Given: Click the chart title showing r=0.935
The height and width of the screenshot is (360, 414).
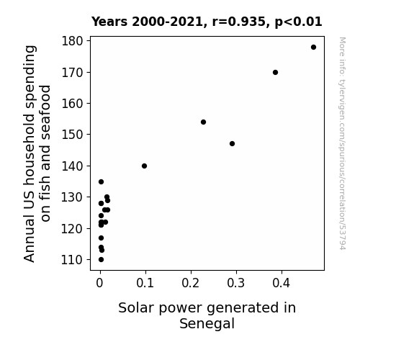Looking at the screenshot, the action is [207, 22].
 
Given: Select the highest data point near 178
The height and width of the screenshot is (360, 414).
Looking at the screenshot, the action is [313, 48].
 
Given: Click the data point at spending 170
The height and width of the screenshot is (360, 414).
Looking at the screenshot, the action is [275, 73].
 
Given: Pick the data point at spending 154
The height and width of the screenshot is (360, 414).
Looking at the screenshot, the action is [203, 122].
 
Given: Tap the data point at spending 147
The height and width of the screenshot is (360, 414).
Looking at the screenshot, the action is [232, 144].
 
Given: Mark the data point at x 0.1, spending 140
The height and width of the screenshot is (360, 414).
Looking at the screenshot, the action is [144, 166].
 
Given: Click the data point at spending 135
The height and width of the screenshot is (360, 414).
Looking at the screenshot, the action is [101, 181].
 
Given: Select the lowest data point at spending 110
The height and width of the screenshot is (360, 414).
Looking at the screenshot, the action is [101, 260].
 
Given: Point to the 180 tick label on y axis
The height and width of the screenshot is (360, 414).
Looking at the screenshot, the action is [72, 41].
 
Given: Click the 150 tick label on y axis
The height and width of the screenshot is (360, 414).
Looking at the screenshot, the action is [72, 135].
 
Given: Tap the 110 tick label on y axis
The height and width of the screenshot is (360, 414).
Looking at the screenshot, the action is [72, 260].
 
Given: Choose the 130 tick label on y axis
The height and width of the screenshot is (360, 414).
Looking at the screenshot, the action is [72, 197].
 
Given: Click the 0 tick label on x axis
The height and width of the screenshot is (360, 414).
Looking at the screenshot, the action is [99, 283].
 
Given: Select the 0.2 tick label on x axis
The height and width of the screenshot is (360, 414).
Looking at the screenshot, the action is [191, 283].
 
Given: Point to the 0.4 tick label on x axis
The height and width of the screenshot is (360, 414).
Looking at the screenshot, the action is [282, 283].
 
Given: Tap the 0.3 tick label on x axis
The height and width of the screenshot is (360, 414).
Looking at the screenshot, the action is [236, 283].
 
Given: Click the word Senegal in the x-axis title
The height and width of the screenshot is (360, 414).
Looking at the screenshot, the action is [207, 324].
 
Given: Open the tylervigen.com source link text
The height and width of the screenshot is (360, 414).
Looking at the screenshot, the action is [342, 143].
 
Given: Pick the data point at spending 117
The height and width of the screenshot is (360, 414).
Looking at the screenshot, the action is [101, 238].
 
